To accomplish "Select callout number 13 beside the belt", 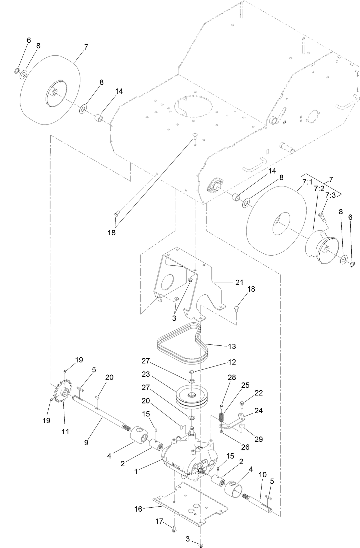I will click(x=232, y=346).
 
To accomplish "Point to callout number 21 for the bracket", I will click(x=239, y=282).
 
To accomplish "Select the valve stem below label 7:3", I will click(x=322, y=216).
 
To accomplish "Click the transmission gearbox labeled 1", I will click(x=187, y=461).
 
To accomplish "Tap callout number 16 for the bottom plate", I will click(x=138, y=509).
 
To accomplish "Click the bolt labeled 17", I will click(x=174, y=529).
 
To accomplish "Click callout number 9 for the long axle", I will click(x=86, y=443).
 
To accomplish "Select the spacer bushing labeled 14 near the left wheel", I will click(x=98, y=118).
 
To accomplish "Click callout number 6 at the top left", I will click(x=29, y=40).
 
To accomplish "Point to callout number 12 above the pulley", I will click(x=232, y=362).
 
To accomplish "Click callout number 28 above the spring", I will click(x=232, y=377).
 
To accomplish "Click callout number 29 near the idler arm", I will click(x=259, y=439).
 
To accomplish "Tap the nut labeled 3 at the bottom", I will click(x=200, y=545).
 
